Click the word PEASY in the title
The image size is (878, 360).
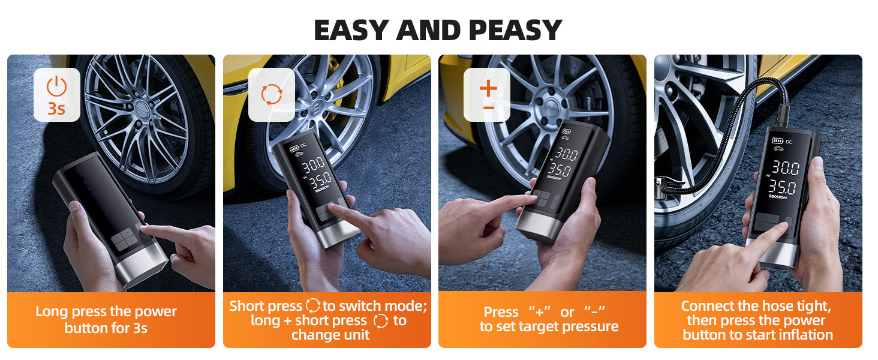coord(515,30)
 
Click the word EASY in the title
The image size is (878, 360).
coord(351,30)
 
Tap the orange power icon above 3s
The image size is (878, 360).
coord(57,86)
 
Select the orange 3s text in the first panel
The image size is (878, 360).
coord(56,109)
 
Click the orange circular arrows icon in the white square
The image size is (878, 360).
coord(271,95)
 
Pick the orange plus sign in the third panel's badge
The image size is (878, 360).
coord(488,88)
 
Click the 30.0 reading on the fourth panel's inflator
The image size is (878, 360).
coord(786,167)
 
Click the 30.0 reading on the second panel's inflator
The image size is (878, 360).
coord(313,165)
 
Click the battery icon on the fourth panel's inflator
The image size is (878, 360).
coord(777,141)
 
